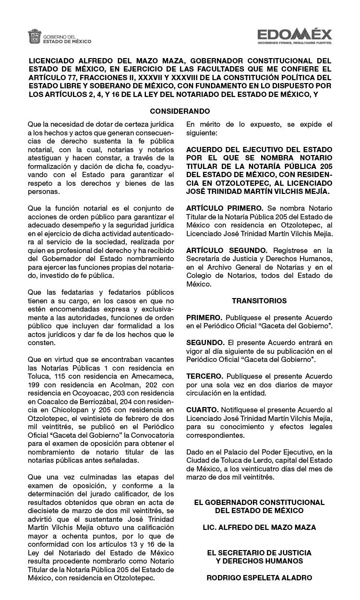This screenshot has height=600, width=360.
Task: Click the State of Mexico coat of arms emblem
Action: pyautogui.click(x=35, y=36)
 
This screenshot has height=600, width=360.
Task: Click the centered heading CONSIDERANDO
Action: pyautogui.click(x=180, y=111)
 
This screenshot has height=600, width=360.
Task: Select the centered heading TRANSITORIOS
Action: pyautogui.click(x=259, y=301)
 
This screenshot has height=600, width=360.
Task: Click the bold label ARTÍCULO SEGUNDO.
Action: pyautogui.click(x=227, y=251)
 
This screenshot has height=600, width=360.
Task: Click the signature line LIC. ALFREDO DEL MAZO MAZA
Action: pyautogui.click(x=259, y=528)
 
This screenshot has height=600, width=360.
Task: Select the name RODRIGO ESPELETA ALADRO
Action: pyautogui.click(x=259, y=578)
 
